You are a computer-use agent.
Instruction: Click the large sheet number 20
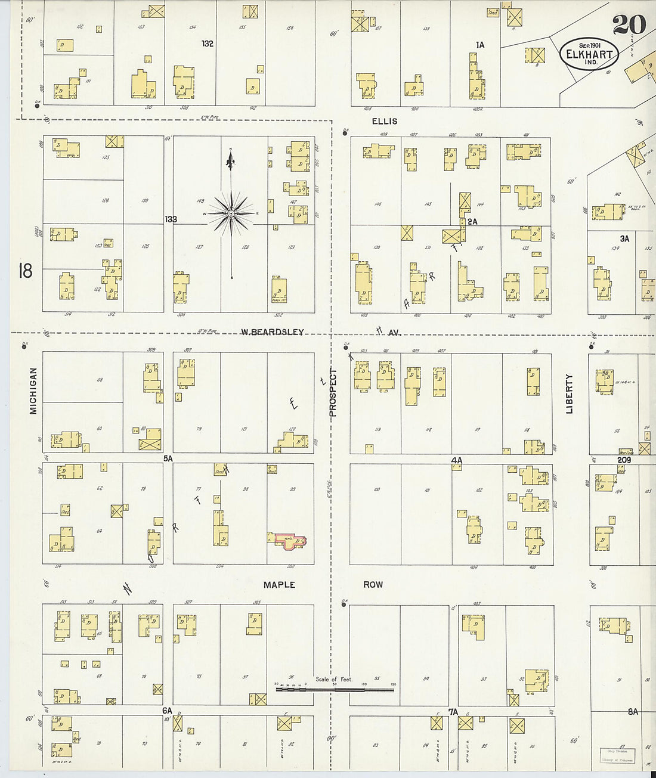[x=629, y=25]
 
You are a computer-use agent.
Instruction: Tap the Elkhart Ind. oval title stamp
[x=589, y=54]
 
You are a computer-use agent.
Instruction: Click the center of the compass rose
[x=231, y=213]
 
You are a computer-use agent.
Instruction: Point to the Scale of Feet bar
[x=335, y=690]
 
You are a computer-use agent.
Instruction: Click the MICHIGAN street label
[x=33, y=390]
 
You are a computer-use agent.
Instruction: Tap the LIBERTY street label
[x=569, y=393]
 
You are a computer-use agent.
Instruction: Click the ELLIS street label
[x=384, y=121]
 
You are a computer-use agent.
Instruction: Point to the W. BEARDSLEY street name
[x=272, y=331]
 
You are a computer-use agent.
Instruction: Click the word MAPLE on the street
[x=279, y=585]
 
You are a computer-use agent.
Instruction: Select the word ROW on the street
[x=373, y=585]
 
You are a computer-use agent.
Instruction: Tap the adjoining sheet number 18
[x=25, y=271]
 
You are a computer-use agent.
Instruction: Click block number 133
[x=171, y=219]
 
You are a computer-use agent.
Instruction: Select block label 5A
[x=168, y=458]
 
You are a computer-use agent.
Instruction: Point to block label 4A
[x=457, y=460]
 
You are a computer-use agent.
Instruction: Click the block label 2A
[x=473, y=221]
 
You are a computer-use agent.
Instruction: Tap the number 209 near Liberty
[x=624, y=460]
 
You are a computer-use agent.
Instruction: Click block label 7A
[x=453, y=711]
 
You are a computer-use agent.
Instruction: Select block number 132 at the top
[x=207, y=44]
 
